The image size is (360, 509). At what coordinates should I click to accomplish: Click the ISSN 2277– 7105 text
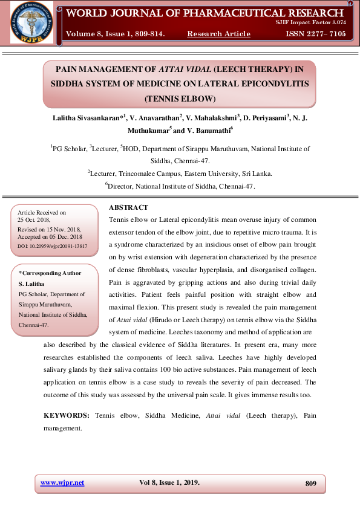click(316, 34)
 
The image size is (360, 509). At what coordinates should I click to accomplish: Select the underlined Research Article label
click(219, 34)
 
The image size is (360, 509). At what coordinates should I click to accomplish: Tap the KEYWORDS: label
click(67, 416)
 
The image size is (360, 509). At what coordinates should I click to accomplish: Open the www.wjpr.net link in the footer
click(62, 482)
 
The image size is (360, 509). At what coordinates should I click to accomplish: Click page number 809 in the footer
click(311, 483)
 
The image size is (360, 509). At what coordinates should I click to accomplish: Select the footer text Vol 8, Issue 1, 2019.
click(169, 482)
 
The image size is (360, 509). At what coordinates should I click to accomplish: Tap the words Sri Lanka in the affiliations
click(256, 173)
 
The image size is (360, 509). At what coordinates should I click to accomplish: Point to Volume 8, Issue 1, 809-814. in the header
click(115, 34)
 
